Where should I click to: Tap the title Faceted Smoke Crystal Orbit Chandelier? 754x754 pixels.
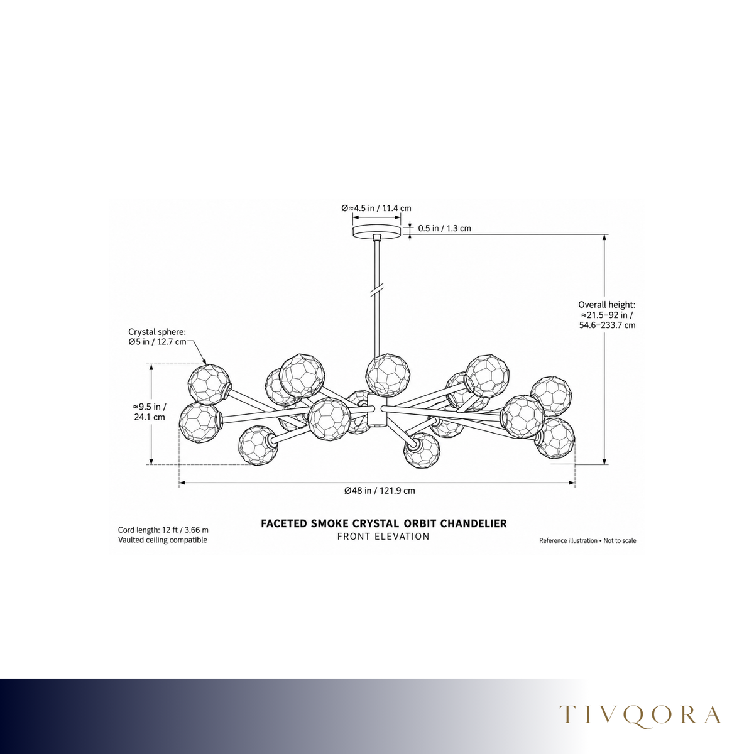tap(383, 523)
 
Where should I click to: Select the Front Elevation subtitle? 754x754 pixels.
tap(383, 537)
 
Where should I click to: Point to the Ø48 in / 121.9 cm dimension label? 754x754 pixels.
tap(380, 491)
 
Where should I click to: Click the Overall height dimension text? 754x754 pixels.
tap(607, 315)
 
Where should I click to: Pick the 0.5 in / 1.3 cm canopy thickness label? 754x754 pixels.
tap(444, 228)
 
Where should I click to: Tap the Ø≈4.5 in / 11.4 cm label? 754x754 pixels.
tap(376, 208)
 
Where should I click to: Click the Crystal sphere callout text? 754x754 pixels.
tap(157, 337)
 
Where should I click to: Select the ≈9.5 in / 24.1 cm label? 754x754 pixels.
tap(150, 412)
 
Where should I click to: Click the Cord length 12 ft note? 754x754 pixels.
tap(163, 530)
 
